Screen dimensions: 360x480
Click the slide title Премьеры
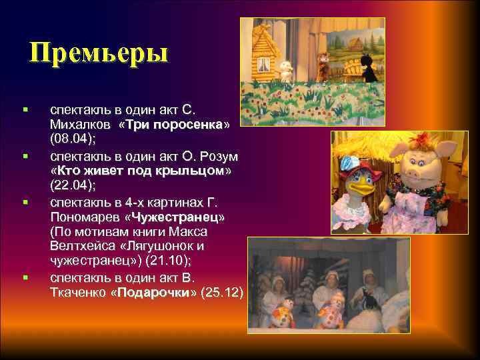[99, 53]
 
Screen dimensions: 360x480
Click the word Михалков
[79, 125]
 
